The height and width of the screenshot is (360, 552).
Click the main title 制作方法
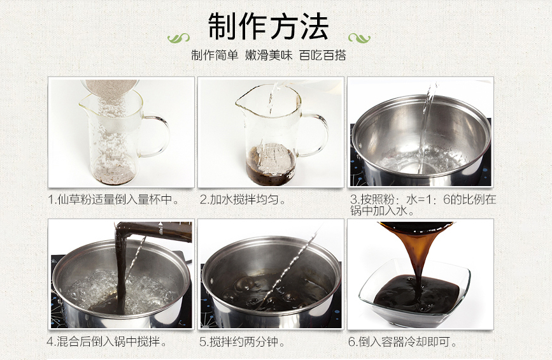(268, 26)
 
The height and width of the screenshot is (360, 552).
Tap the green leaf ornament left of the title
(178, 38)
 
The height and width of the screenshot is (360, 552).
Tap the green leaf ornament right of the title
(359, 38)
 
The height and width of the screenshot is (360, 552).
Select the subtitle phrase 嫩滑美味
(269, 55)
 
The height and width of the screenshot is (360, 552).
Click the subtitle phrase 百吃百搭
(323, 55)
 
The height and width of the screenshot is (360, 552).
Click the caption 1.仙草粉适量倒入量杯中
(114, 199)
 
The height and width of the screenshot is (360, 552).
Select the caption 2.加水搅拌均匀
(243, 199)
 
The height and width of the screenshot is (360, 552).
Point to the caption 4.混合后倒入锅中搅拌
(107, 342)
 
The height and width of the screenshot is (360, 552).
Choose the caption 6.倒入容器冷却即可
(402, 342)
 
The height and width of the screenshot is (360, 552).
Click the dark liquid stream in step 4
(121, 268)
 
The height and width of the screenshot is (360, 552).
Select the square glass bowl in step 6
(414, 293)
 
